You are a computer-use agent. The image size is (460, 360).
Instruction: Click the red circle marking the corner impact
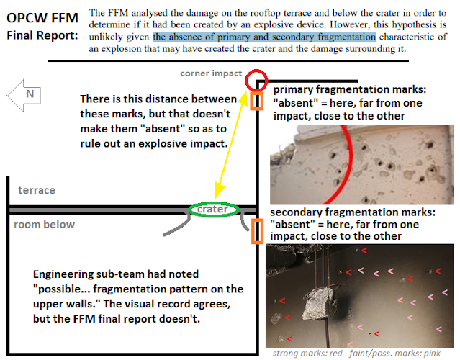[246, 80]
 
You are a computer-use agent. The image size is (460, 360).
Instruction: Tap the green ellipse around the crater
[189, 210]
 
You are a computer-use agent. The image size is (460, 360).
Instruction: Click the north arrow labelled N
[24, 95]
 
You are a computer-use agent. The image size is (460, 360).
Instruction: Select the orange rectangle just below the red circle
[252, 102]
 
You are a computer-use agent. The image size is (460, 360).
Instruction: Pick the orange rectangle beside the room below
[252, 231]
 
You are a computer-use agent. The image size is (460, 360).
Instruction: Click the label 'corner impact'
[211, 73]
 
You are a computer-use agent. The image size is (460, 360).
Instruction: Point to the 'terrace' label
[37, 190]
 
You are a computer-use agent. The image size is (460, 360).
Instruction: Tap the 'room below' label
[45, 225]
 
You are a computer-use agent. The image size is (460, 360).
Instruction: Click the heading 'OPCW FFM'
[42, 18]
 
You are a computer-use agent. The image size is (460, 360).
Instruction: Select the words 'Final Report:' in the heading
[42, 35]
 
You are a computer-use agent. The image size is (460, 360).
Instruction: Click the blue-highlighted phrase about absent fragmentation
[264, 37]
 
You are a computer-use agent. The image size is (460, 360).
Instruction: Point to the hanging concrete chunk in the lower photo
[318, 304]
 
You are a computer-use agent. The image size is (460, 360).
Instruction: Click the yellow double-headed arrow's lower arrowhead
[219, 191]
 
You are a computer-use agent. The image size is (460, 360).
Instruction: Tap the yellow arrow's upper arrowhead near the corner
[243, 97]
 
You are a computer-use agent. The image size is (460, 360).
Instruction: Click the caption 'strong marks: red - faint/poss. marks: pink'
[356, 354]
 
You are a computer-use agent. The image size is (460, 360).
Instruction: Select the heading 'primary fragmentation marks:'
[350, 89]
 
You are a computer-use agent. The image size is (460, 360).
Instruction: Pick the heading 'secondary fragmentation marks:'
[353, 212]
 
